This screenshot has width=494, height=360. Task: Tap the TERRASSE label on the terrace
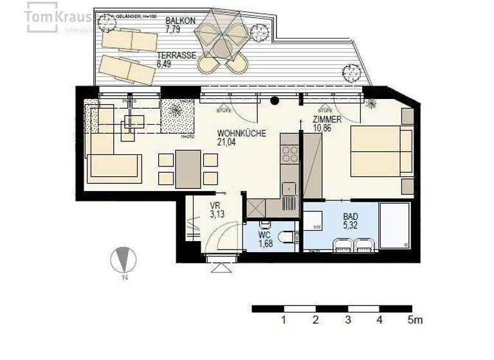coord(176,56)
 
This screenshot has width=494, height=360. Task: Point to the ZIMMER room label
coord(327,120)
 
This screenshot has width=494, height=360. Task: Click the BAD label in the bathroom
coord(351,217)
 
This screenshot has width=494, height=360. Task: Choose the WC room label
coord(265,234)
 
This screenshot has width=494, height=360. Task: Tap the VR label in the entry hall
coord(215,206)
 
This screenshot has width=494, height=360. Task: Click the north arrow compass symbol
coord(124,261)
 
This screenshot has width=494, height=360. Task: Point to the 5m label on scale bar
coord(415,319)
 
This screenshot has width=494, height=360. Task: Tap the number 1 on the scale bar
coord(283,319)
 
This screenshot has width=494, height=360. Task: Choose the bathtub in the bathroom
coord(394,226)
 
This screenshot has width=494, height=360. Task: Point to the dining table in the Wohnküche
coord(188,168)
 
